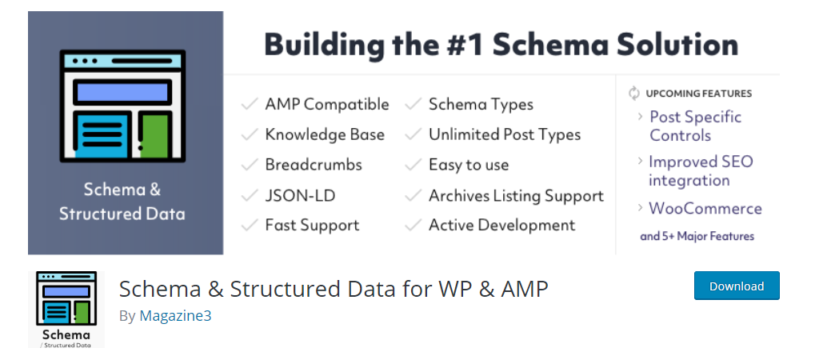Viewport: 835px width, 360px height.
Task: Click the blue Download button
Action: point(737,286)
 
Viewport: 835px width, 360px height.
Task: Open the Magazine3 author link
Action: point(175,316)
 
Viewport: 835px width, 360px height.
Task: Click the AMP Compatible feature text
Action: point(327,104)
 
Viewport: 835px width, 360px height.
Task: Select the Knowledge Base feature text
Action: point(325,134)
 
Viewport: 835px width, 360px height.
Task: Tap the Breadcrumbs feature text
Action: point(314,165)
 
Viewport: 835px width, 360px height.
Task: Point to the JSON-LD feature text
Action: point(301,195)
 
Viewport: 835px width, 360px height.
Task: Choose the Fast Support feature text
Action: point(312,226)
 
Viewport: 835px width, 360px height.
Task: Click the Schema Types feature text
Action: point(481,104)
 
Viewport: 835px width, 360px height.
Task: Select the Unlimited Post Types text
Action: point(505,134)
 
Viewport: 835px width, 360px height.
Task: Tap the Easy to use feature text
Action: point(469,165)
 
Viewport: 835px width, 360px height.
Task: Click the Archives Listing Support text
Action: point(516,196)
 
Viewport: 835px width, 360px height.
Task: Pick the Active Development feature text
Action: point(502,226)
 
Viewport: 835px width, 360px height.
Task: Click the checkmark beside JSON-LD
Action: point(250,195)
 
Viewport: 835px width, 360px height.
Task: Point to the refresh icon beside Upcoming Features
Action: point(633,93)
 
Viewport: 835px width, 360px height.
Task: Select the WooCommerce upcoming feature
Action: point(705,208)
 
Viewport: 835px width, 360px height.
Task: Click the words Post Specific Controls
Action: point(696,126)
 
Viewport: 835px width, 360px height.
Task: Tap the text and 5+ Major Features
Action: point(697,236)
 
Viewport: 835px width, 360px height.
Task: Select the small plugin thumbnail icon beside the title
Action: point(66,310)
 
